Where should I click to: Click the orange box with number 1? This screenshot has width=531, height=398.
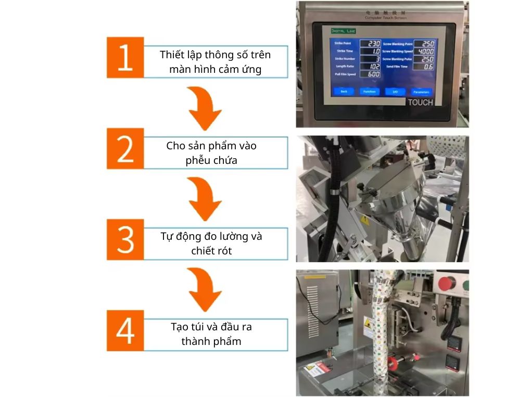coord(125,58)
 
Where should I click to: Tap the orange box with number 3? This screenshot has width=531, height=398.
coord(125,240)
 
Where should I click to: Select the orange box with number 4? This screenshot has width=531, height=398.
coord(125,331)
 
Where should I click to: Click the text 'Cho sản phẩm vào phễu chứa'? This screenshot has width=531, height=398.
coord(211,153)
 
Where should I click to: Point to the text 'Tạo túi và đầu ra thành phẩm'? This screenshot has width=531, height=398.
coord(211,334)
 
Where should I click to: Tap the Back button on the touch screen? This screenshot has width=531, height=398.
coord(344,92)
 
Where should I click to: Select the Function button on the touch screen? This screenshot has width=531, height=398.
coord(369,92)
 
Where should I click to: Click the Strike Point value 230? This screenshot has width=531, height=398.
coord(373,44)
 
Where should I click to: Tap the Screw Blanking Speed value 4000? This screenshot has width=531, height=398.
coord(425,52)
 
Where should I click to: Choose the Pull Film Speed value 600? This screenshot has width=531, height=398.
coord(373,74)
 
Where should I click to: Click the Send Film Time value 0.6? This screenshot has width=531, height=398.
coord(427,67)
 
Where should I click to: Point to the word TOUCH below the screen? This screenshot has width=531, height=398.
coord(420,102)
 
